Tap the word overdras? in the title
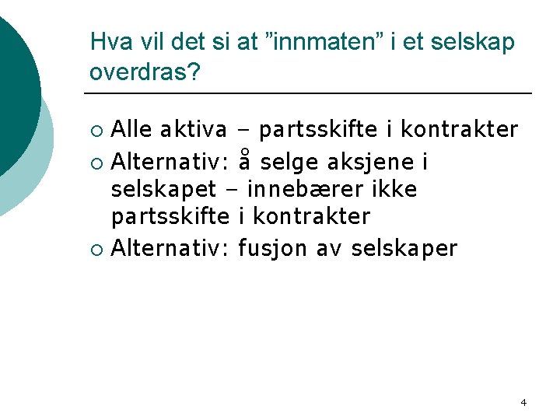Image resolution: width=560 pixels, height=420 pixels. (145, 72)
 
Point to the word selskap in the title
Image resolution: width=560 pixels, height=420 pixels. (476, 42)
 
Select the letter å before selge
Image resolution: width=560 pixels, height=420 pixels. (245, 162)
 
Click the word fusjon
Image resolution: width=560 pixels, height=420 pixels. (273, 248)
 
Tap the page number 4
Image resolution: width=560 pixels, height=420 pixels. (523, 402)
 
